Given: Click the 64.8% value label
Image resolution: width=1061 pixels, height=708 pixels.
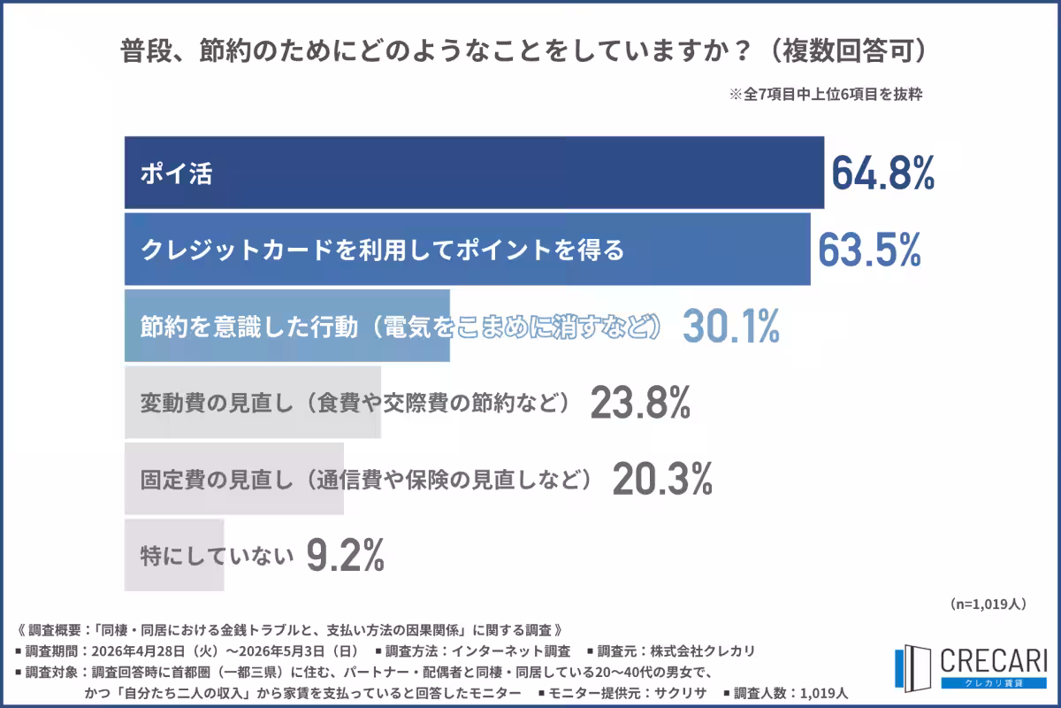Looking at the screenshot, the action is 883,173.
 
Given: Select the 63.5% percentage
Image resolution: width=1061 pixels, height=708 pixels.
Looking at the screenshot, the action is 870,250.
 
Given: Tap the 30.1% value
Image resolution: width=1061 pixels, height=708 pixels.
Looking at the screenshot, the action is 731,326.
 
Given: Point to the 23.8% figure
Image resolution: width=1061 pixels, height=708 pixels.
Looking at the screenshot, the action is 640,402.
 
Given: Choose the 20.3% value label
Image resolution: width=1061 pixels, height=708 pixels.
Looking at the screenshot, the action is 662,479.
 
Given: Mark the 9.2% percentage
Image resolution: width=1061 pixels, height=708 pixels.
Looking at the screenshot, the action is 346,555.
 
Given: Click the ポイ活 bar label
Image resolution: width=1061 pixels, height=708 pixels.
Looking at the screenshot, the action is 176,173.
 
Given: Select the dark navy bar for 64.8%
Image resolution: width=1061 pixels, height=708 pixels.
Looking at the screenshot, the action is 474,173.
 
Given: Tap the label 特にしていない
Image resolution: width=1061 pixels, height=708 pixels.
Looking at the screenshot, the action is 217,556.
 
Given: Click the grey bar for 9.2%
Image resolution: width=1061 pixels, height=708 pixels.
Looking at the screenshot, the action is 174,555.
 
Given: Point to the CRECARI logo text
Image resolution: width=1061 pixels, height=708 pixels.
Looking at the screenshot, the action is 993,660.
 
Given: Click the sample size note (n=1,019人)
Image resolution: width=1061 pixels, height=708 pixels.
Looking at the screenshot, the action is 988,604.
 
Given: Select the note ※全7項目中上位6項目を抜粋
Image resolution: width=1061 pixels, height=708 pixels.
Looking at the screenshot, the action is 826,95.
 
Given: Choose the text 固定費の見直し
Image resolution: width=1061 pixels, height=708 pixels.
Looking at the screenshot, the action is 217,480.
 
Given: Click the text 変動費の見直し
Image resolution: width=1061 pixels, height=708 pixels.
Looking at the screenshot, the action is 217,403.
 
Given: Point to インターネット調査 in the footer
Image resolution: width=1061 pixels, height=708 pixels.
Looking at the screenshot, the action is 511,651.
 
